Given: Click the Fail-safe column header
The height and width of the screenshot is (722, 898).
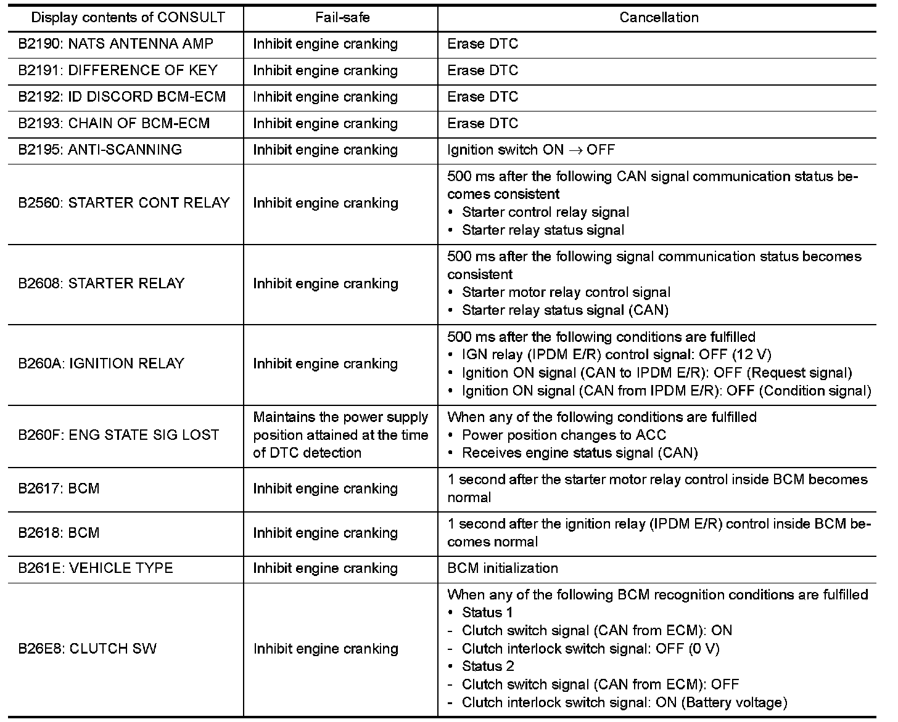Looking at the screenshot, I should (342, 17).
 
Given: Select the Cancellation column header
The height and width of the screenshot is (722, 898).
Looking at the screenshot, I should (659, 17).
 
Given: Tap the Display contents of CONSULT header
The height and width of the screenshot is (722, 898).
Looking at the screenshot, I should (128, 17).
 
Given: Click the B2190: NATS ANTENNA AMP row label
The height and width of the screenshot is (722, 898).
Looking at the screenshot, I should (115, 44).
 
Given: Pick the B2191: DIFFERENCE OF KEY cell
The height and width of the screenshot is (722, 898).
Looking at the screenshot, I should (117, 70).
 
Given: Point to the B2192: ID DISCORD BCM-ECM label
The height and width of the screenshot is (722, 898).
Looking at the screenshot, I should (122, 97).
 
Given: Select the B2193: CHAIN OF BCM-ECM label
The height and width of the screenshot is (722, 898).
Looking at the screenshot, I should (113, 123).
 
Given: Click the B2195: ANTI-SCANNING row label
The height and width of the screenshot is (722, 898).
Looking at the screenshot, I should (99, 150).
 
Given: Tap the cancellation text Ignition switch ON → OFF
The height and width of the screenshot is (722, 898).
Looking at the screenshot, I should (530, 150).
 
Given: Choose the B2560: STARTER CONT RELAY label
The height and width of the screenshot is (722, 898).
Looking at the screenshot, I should (123, 203).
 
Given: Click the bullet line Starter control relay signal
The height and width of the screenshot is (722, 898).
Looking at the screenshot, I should (545, 212).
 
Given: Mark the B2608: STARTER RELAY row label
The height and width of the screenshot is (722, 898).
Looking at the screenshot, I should (101, 283).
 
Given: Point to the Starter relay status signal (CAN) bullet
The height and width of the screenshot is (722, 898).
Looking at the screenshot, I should (565, 310).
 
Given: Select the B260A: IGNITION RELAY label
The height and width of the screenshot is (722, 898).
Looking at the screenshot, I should (101, 363).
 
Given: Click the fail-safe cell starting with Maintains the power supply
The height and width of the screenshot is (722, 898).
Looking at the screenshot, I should (340, 435).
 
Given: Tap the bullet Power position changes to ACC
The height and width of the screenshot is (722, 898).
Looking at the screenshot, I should (564, 435).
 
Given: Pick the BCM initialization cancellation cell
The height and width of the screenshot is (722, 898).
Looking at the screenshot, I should (502, 568).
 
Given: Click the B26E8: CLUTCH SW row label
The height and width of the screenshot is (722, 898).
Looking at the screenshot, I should (87, 649).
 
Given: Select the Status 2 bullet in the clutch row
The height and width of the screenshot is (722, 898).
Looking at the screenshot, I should (487, 666).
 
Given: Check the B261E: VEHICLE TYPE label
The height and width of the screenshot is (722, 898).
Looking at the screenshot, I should (95, 568).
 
